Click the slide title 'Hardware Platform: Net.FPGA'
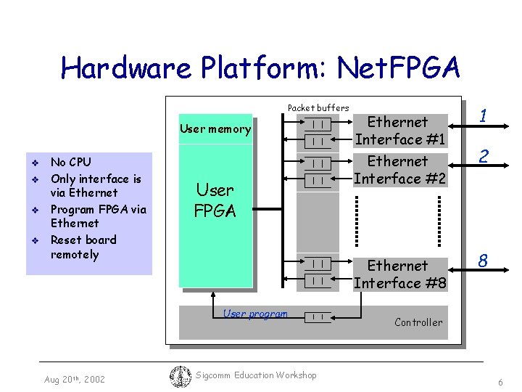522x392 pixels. [x=260, y=68]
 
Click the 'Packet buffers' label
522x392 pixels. [x=318, y=107]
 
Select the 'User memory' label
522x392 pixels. [x=215, y=129]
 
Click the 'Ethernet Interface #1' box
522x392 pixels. [x=399, y=131]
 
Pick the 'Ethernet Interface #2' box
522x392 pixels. [x=399, y=170]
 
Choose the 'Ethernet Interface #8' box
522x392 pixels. [x=399, y=274]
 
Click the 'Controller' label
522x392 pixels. [x=418, y=322]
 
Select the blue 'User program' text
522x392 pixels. [x=255, y=314]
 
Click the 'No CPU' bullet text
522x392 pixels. [x=70, y=162]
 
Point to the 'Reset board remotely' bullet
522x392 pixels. [x=83, y=247]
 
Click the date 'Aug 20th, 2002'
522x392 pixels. [x=74, y=379]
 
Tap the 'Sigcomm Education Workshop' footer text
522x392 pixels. [x=256, y=375]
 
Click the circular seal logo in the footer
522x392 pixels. [x=179, y=375]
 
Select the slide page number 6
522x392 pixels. [x=500, y=382]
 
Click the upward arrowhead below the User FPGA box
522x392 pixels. [x=212, y=295]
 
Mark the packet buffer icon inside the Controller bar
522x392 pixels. [x=318, y=317]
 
